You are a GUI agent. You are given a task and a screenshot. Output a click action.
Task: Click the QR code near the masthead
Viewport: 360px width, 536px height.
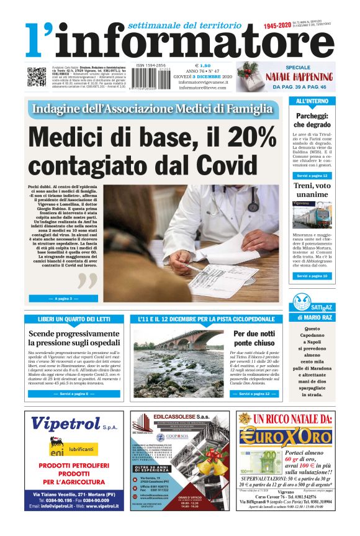(x=36, y=76)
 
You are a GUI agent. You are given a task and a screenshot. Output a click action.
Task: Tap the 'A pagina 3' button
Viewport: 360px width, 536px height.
(x=63, y=299)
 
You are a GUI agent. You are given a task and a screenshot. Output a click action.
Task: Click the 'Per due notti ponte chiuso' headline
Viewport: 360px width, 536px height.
(x=254, y=338)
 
